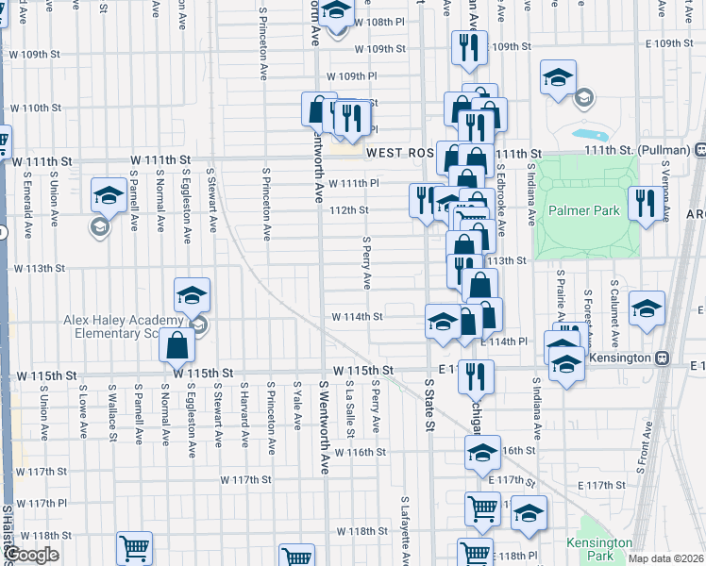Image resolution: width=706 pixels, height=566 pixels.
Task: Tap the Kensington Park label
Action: [x=598, y=549]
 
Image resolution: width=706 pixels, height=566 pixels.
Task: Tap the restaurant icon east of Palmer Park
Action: [x=646, y=205]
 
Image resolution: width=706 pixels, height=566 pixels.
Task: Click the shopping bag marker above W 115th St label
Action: [x=176, y=346]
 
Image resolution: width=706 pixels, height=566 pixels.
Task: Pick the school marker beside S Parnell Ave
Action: [x=109, y=196]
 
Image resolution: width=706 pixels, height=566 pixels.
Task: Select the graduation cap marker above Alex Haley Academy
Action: [x=192, y=295]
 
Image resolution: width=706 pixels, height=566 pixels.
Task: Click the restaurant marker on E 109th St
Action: [x=469, y=47]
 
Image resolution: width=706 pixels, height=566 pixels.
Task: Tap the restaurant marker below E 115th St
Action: [x=476, y=375]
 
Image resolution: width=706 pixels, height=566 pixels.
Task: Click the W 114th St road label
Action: [x=356, y=317]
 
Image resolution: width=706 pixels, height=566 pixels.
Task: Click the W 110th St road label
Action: [x=37, y=108]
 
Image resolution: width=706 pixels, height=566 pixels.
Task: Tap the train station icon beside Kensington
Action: [x=664, y=358]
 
